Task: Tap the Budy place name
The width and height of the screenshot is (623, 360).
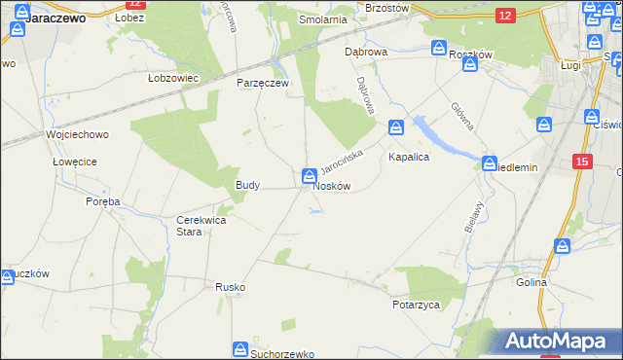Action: coord(247,184)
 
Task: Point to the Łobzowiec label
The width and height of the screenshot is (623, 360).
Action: coord(172,78)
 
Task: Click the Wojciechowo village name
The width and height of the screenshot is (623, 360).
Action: coord(77,134)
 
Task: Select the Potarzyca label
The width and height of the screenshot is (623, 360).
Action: coord(418,305)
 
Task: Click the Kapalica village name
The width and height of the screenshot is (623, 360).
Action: coord(409,156)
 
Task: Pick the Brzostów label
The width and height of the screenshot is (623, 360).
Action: coord(386,7)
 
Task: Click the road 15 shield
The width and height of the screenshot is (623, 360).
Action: coord(582,161)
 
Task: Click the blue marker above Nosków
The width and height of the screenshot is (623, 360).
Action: coord(309,176)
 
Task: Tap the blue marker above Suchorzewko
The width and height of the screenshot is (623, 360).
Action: coord(240,348)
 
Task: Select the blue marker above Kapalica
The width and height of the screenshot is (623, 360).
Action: coord(396,126)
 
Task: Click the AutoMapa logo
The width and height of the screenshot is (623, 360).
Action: coord(560,342)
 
